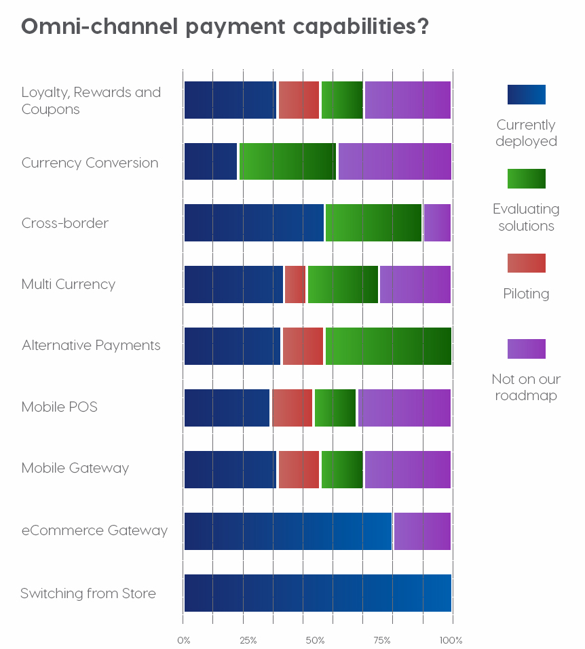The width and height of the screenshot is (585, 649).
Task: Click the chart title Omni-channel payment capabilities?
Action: point(225,27)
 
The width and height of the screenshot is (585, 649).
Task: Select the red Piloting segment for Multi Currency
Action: point(295,284)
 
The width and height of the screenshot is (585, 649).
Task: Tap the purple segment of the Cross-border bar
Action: point(437,222)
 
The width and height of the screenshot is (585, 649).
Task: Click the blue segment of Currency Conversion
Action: point(210,161)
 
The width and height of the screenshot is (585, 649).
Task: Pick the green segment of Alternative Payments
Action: point(388,346)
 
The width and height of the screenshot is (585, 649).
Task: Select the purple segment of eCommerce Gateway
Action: point(422,531)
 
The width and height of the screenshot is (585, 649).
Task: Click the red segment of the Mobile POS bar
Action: point(292,408)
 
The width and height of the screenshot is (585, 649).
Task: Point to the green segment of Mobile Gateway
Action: point(342,469)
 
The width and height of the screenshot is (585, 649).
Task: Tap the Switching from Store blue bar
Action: point(318,593)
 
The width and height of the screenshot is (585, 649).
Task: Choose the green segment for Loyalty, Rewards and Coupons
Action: point(342,100)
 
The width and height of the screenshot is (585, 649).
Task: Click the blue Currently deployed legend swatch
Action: point(526,94)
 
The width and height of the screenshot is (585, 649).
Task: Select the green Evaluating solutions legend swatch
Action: point(526,178)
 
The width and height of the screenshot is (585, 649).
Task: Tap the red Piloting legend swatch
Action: point(526,263)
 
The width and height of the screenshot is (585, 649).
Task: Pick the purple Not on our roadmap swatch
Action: point(526,349)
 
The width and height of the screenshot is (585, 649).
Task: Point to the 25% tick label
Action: point(248,640)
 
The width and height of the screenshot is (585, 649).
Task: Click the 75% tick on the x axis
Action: point(383,640)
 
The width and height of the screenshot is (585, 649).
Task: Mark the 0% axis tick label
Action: point(183,640)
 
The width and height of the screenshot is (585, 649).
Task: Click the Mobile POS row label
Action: point(60,407)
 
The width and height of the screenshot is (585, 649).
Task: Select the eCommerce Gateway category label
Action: point(94,530)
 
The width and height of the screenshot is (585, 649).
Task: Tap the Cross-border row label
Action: point(65,223)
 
